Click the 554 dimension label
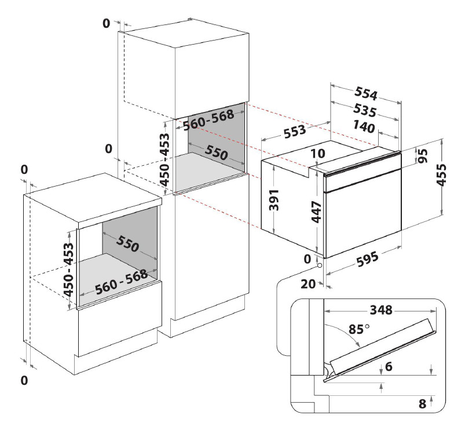[366, 93]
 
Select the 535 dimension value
[365, 111]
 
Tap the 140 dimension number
[364, 127]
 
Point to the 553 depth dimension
[295, 132]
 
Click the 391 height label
[274, 199]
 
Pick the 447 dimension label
[316, 212]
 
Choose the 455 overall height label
[442, 174]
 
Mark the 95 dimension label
[423, 156]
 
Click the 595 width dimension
[368, 259]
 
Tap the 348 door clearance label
[381, 310]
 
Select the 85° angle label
[359, 329]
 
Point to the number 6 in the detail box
[389, 367]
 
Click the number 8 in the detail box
[422, 404]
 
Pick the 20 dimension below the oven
[308, 284]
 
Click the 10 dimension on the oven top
[318, 154]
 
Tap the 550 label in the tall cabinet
[216, 152]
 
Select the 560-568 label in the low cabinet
[122, 282]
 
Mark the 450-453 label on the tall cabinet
[164, 159]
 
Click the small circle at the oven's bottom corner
[319, 265]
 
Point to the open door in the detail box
[380, 349]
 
